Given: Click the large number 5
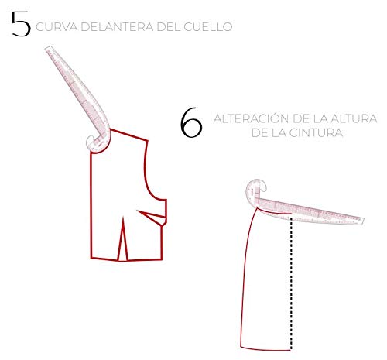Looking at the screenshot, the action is [x=21, y=24].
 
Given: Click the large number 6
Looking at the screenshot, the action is [x=191, y=122].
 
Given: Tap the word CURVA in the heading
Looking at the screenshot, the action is [x=57, y=27].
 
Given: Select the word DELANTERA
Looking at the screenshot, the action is [x=118, y=27].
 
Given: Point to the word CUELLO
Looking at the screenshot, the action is [x=208, y=27].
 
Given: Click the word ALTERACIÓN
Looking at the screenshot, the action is [x=251, y=118].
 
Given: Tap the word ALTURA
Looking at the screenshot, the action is [x=354, y=119].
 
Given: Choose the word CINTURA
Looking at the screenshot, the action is [x=316, y=133].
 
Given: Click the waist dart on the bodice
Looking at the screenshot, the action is [x=123, y=238].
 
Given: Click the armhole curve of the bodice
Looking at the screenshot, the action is [x=149, y=176].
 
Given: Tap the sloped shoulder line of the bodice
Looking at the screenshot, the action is [x=129, y=135].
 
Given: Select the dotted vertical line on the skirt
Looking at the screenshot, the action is [x=292, y=283].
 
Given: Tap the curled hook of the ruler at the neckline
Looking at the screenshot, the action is [x=91, y=142].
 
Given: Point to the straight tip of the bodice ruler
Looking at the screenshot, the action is [x=49, y=49].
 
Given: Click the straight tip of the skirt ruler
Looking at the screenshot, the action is [x=361, y=221].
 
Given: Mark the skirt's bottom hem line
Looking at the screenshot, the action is [x=265, y=349].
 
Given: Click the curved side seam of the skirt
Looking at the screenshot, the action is [x=245, y=277].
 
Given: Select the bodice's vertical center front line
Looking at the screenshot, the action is [x=91, y=205].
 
